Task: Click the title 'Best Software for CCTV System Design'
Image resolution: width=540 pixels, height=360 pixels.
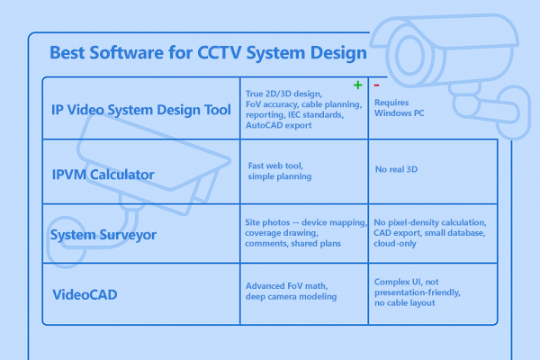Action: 208,52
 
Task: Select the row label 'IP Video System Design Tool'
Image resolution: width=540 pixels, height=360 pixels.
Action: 140,109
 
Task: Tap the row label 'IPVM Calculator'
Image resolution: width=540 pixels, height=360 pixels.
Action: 103,173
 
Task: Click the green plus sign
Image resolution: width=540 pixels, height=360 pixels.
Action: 357,85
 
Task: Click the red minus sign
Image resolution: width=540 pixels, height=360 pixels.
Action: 376,85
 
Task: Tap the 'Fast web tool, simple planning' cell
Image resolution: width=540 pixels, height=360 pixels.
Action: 282,171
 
